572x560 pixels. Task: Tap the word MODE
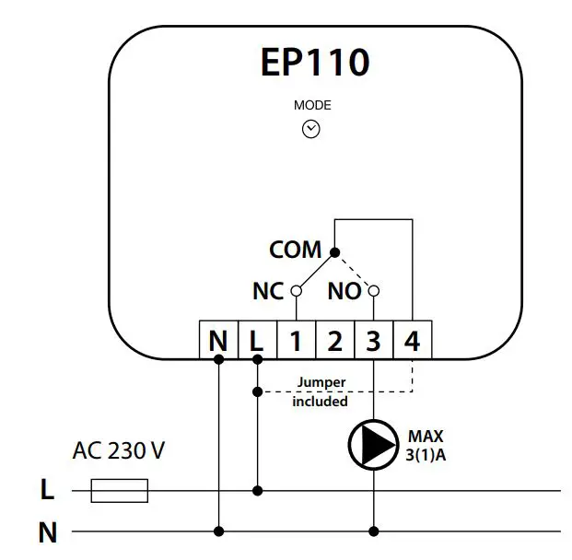tap(311, 105)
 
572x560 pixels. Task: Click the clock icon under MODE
tap(311, 130)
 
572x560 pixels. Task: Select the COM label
tap(295, 250)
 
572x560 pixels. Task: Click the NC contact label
tap(268, 291)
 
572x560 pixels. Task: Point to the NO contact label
tap(344, 291)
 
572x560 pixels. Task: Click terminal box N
tap(218, 341)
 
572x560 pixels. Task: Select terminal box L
tap(257, 341)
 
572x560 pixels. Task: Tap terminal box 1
tap(296, 341)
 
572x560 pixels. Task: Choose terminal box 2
tap(334, 341)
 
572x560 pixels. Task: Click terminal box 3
tap(373, 341)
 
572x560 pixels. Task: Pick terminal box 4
tap(412, 341)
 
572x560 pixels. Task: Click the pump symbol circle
tap(372, 444)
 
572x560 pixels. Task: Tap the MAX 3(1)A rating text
tap(426, 444)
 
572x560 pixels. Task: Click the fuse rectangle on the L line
tap(120, 491)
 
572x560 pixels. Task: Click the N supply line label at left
tap(47, 531)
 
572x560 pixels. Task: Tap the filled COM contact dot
tap(333, 251)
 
